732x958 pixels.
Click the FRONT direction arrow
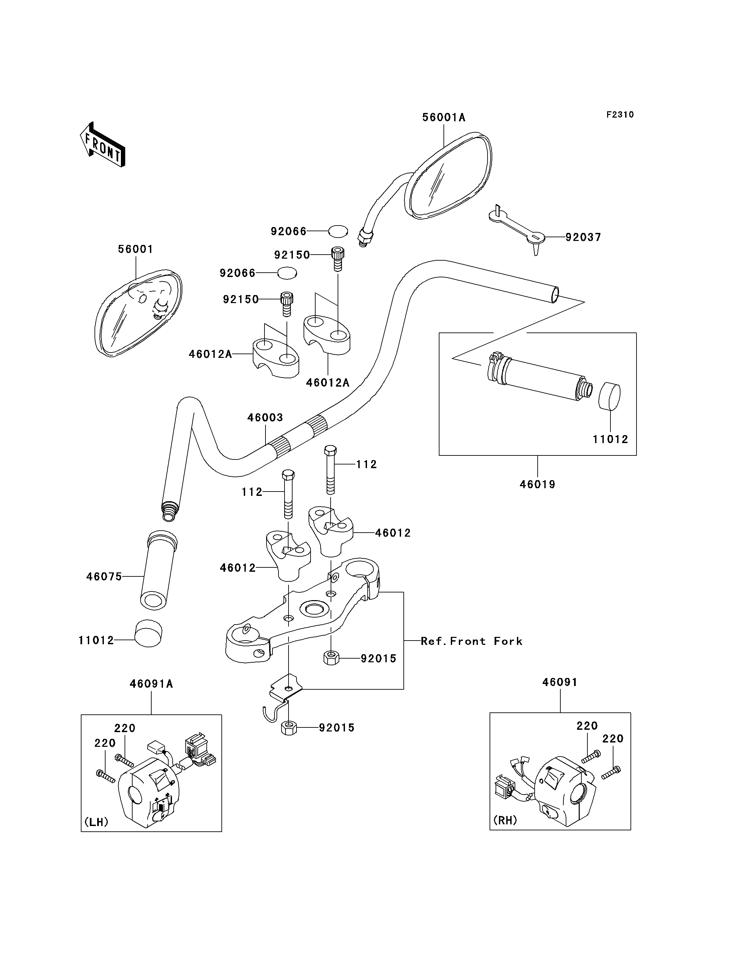[x=103, y=144]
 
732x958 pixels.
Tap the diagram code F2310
[x=620, y=115]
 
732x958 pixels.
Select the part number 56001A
[x=443, y=117]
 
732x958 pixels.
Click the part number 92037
[x=583, y=237]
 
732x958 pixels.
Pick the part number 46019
[x=537, y=485]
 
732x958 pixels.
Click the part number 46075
[x=104, y=576]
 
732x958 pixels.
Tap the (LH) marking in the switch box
[x=96, y=822]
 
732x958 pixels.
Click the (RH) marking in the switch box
[x=505, y=820]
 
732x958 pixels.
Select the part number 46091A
[x=151, y=684]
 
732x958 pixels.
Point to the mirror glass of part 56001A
[x=449, y=179]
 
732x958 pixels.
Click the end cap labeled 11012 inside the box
[x=609, y=396]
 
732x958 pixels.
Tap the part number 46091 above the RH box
[x=560, y=682]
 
